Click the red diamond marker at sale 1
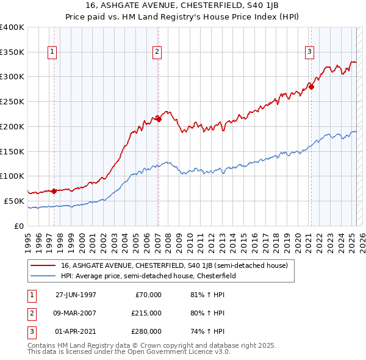(54, 191)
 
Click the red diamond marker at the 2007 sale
(158, 119)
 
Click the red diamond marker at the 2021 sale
(310, 87)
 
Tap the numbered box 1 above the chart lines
(52, 52)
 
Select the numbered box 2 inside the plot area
(157, 52)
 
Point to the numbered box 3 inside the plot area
(309, 52)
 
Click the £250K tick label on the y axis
(12, 101)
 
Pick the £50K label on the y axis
(15, 201)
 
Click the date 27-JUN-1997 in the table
(76, 295)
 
